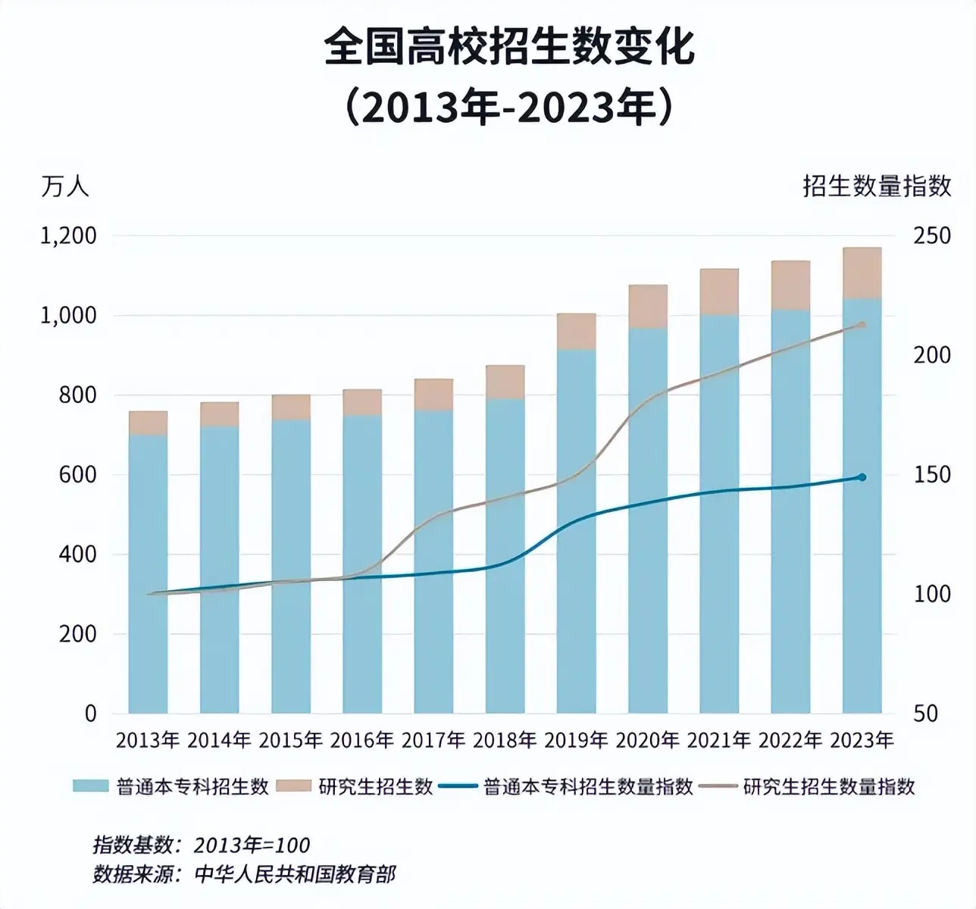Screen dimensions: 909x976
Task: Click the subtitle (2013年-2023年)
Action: click(x=508, y=108)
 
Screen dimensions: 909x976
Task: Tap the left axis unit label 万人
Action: click(x=64, y=186)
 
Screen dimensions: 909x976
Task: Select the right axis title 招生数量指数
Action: click(x=877, y=186)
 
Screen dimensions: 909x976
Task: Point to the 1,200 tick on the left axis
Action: click(x=68, y=236)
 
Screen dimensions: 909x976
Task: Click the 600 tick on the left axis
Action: click(x=78, y=475)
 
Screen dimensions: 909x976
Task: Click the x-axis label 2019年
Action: click(x=576, y=740)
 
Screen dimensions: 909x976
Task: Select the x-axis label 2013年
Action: click(x=148, y=740)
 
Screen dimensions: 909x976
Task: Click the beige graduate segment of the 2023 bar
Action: click(x=862, y=273)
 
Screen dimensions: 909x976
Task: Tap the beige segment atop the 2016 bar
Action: click(x=362, y=402)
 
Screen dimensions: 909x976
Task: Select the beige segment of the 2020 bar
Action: click(x=648, y=307)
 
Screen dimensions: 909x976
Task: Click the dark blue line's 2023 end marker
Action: click(x=862, y=477)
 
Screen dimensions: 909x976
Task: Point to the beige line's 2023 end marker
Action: click(x=862, y=325)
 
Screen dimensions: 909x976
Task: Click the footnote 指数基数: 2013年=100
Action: click(x=201, y=845)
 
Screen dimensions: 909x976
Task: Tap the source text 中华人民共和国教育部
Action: click(x=295, y=874)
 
